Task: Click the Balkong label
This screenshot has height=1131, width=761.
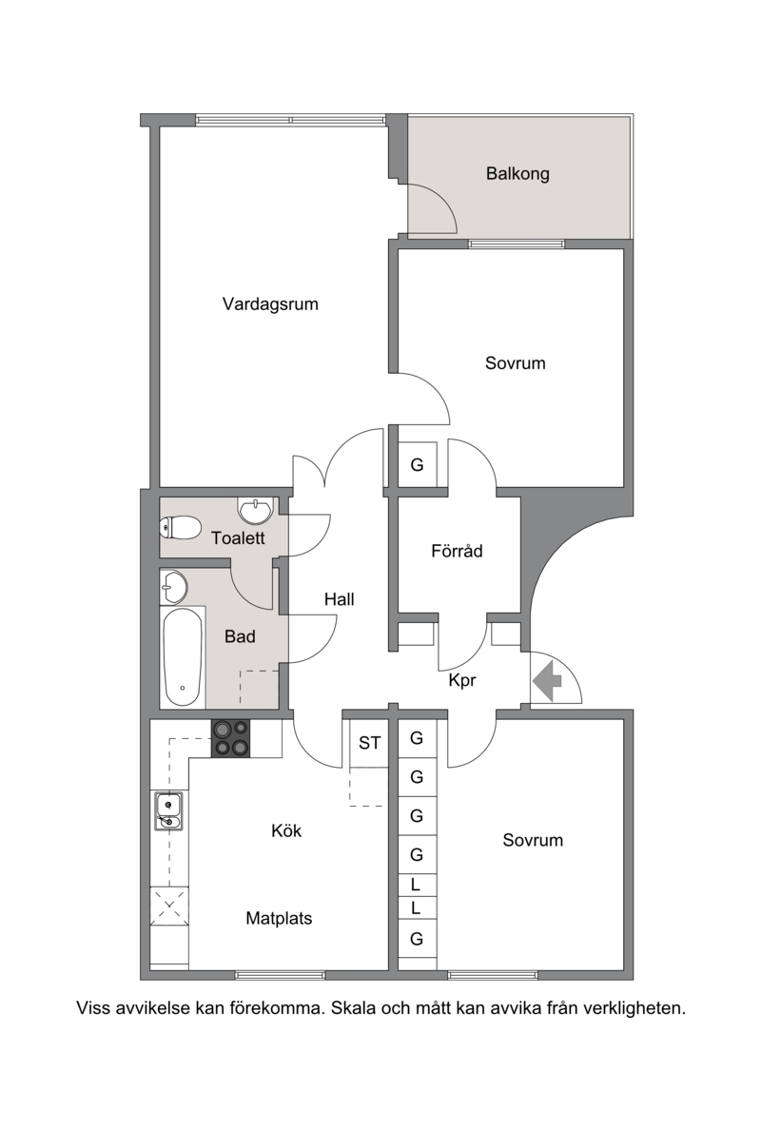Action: [517, 174]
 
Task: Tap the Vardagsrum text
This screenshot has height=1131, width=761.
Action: [270, 303]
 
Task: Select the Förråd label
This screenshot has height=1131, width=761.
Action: [457, 551]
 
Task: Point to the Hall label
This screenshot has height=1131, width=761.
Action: [339, 598]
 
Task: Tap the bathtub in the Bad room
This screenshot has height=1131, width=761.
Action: [183, 657]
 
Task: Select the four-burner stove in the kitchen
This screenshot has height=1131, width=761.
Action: [231, 738]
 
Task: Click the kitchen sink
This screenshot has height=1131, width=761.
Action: [168, 810]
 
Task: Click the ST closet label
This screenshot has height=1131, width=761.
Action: [369, 742]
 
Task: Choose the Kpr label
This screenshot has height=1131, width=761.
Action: [462, 680]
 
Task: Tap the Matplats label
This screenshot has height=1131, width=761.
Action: [279, 918]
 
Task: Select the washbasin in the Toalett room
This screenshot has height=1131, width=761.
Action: [255, 511]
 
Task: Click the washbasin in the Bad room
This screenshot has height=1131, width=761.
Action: [174, 586]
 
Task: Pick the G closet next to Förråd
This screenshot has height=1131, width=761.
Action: [417, 464]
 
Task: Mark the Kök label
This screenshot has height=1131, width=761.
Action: [286, 830]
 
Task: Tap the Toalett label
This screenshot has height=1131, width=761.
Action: [238, 537]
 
